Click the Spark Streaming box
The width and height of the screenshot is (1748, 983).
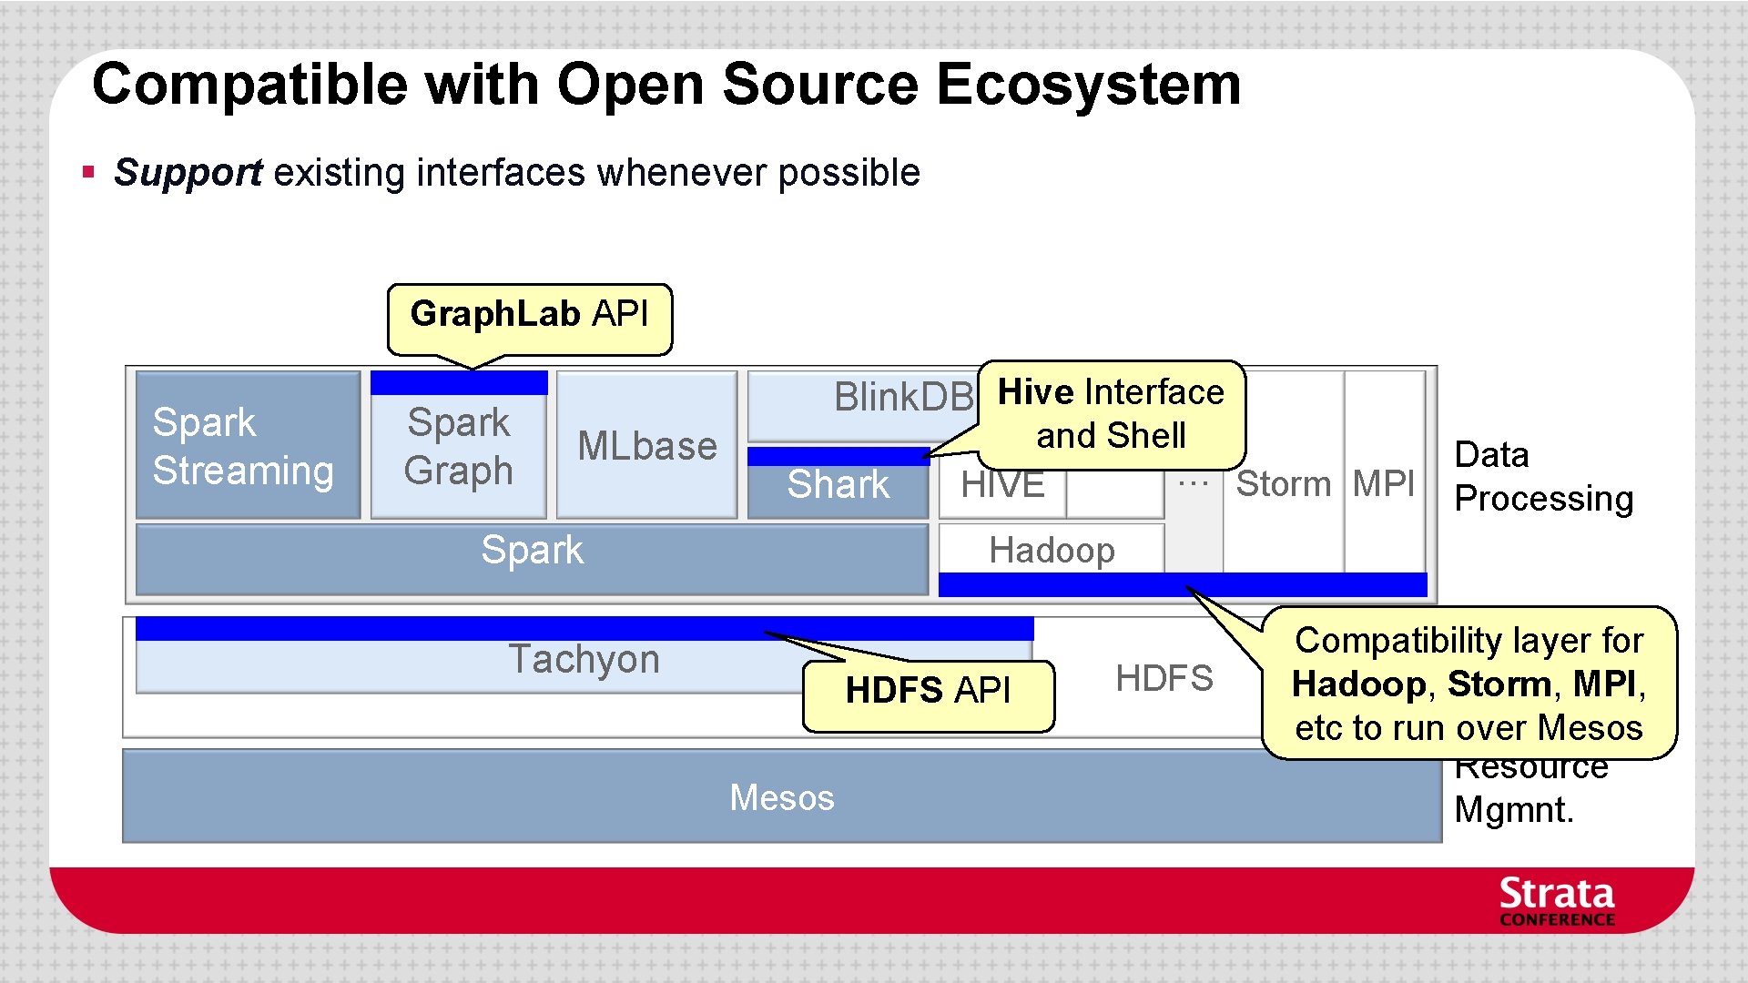click(x=247, y=446)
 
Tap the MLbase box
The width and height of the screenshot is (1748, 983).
click(x=646, y=446)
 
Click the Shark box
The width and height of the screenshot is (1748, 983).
click(x=838, y=485)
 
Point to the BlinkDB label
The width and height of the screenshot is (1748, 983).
click(x=903, y=398)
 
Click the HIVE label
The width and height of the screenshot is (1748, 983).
click(x=1002, y=485)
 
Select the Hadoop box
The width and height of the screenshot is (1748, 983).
click(x=1052, y=550)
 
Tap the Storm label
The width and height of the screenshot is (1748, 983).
click(x=1283, y=484)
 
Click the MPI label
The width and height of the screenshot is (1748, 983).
click(x=1384, y=484)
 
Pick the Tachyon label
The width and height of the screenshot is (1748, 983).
click(x=584, y=659)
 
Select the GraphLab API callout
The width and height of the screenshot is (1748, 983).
click(x=529, y=315)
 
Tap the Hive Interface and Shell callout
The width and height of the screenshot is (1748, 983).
click(x=1111, y=414)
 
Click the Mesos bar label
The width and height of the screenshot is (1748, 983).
click(x=781, y=798)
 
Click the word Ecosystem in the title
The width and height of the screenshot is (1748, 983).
click(x=1088, y=85)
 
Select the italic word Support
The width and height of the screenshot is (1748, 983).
click(x=188, y=173)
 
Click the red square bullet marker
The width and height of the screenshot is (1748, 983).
click(x=88, y=171)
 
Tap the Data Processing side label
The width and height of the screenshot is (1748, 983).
click(x=1543, y=477)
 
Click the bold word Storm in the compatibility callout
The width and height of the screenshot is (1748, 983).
click(x=1499, y=684)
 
